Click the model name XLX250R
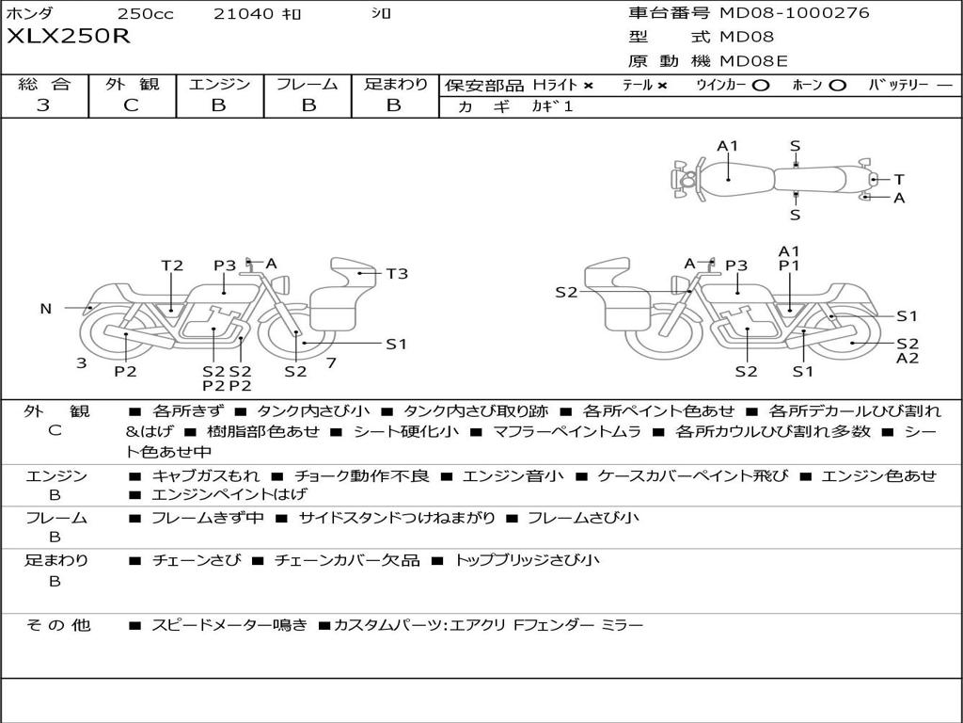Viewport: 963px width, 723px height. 69,37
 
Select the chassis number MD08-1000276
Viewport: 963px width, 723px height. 795,13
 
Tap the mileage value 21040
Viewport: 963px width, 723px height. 244,14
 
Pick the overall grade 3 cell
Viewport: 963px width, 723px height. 43,105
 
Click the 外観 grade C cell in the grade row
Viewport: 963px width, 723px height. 132,105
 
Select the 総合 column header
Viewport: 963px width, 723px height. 43,85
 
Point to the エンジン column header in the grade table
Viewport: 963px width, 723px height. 219,85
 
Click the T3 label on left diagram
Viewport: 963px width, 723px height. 397,274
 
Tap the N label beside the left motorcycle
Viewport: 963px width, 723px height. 45,309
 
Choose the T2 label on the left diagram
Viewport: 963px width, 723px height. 172,265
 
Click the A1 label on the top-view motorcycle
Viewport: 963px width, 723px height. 728,146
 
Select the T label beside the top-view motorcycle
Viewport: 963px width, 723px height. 899,179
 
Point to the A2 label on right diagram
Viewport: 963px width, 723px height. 908,358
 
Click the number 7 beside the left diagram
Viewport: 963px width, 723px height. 331,362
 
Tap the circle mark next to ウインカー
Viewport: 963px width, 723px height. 761,86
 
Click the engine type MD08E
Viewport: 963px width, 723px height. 754,62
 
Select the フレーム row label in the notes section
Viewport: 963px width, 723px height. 55,518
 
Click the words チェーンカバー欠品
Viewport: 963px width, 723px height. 347,560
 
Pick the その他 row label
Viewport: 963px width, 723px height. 57,625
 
